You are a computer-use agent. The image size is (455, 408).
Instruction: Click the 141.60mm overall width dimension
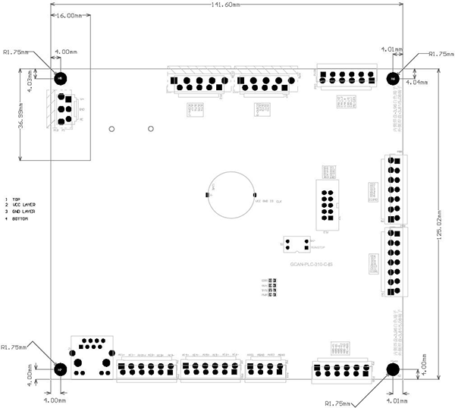point(224,5)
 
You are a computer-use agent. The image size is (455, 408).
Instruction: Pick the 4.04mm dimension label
point(417,82)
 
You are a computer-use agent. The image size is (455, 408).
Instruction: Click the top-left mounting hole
point(61,78)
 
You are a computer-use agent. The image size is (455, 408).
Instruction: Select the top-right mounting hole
point(393,78)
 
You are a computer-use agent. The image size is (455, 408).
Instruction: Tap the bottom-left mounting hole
point(60,369)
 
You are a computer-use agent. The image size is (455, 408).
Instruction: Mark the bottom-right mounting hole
point(393,369)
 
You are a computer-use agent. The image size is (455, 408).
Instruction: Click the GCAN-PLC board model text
point(312,263)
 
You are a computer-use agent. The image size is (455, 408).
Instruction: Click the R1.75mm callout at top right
point(441,54)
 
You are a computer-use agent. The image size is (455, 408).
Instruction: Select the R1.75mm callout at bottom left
point(14,347)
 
